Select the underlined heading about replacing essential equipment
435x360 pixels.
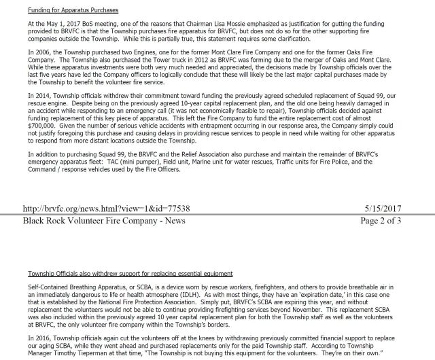[120, 273]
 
